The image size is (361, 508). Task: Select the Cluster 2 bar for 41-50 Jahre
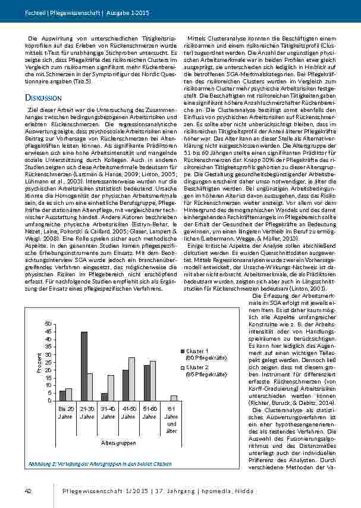131,379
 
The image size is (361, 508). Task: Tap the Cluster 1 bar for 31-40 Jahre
105,397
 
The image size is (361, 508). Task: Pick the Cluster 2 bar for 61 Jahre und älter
174,398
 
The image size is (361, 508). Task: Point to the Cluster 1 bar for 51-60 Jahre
146,382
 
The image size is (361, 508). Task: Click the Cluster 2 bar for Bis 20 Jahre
69,394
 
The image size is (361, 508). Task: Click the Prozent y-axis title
39,363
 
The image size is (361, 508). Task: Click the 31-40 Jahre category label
108,413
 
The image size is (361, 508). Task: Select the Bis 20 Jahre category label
66,413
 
